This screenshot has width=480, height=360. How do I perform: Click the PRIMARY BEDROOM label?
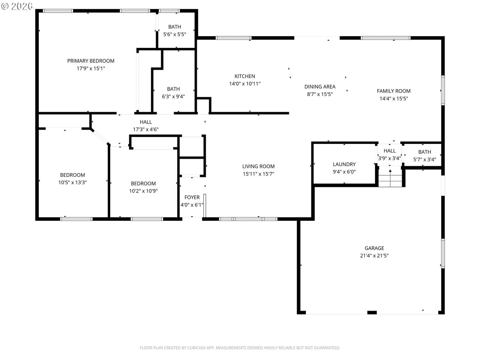91,61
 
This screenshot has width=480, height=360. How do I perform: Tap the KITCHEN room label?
244,76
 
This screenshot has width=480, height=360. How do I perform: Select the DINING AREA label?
320,87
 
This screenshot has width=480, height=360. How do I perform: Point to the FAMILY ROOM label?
393,91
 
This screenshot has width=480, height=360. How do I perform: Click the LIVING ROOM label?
258,166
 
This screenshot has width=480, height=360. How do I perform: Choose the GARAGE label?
374,248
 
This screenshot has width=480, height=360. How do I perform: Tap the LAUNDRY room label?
344,164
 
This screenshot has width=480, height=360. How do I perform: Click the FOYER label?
192,197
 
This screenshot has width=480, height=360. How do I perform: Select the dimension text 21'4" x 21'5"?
374,255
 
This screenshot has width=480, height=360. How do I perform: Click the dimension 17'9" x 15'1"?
91,68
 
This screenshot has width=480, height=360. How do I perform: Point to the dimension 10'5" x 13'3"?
72,182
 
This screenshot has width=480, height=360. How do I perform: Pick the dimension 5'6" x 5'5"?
175,34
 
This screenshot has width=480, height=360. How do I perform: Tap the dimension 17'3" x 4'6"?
145,129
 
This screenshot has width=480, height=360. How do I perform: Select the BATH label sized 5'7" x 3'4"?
424,152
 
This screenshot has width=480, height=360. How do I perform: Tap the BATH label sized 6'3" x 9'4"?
173,89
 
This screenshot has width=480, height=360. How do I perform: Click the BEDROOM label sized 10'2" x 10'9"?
143,183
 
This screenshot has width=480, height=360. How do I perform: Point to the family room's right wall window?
442,90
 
